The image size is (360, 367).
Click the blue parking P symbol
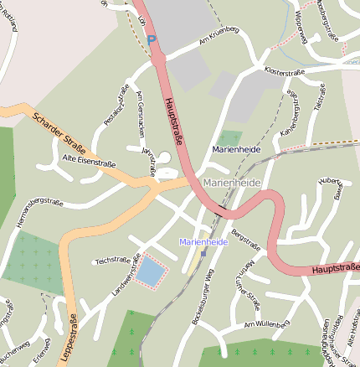(151, 39)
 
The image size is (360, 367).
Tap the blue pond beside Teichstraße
(151, 270)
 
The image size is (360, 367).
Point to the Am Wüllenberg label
(265, 323)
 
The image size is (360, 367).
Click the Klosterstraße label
(283, 72)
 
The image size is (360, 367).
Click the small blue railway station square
(203, 253)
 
